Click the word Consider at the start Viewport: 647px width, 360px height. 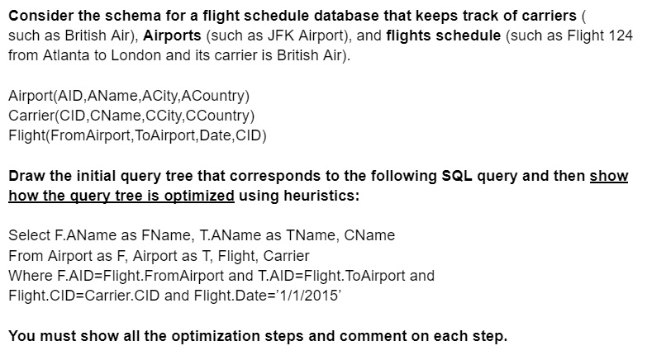pyautogui.click(x=37, y=16)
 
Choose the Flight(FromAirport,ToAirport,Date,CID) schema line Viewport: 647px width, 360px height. pyautogui.click(x=137, y=135)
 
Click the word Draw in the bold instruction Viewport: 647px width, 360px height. pyautogui.click(x=26, y=176)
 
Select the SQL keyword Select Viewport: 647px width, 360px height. pyautogui.click(x=28, y=235)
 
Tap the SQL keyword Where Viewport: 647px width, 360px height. pyautogui.click(x=29, y=275)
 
